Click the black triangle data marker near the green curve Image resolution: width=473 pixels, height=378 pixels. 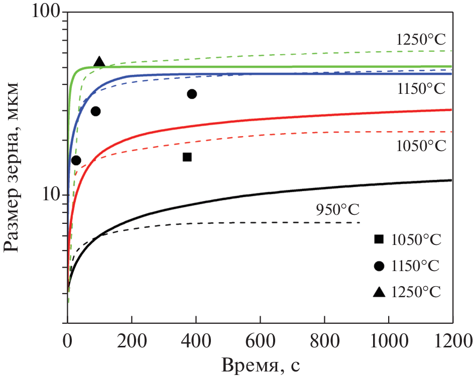coord(99,62)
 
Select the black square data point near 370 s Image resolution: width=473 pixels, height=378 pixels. coord(187,157)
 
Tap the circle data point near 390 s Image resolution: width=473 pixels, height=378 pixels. coord(192,94)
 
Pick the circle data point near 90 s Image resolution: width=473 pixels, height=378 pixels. coord(95,111)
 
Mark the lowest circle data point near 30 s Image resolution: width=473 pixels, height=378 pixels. coord(76,160)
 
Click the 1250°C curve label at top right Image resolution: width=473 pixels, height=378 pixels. coord(421,40)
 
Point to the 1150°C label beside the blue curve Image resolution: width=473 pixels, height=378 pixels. coord(421,89)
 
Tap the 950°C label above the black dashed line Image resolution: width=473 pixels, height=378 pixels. coord(338,209)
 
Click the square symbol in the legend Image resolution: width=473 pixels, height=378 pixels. coord(379,239)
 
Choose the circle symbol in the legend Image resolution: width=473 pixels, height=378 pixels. coord(379,265)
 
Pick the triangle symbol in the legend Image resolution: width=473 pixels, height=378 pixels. coord(379,291)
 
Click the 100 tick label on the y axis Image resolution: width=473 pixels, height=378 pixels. coord(45,12)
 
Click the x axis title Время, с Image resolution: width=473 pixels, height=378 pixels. coord(261,364)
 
